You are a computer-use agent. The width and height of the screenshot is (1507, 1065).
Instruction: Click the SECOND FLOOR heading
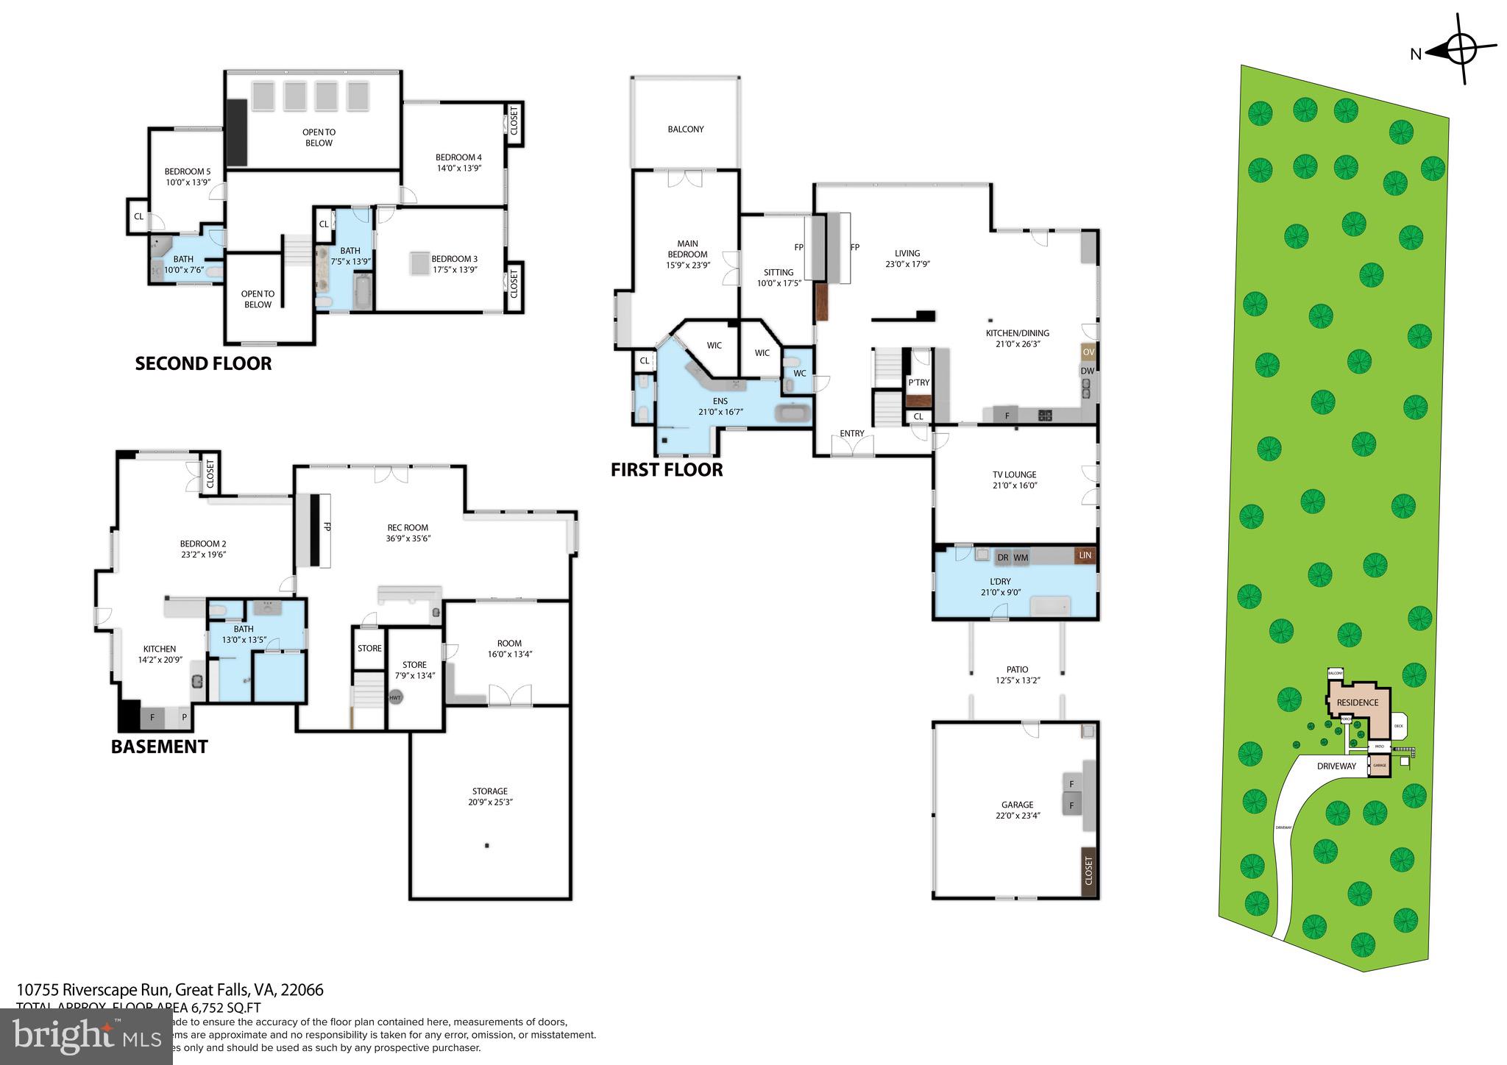[203, 363]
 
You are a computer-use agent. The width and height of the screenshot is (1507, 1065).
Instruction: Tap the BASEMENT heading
[159, 747]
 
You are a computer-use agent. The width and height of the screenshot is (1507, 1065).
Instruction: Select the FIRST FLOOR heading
[667, 469]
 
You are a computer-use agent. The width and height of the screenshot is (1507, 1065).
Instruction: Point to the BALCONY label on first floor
[685, 129]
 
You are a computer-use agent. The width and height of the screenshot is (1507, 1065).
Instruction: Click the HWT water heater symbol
[396, 697]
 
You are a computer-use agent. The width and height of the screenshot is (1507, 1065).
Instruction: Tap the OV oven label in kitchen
[1088, 352]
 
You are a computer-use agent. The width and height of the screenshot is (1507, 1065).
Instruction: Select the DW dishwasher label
[1087, 371]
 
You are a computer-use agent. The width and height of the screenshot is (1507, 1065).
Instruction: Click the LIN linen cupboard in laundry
[1085, 556]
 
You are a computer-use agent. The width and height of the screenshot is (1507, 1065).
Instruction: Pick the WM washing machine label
[1021, 558]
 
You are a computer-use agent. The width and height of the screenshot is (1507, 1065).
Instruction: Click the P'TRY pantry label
[918, 382]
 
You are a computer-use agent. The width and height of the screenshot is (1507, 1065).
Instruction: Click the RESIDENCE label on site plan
[1357, 702]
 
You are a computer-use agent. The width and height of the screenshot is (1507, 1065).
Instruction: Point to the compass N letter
[1415, 53]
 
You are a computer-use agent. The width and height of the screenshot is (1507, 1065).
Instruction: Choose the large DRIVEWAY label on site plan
[1336, 766]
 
